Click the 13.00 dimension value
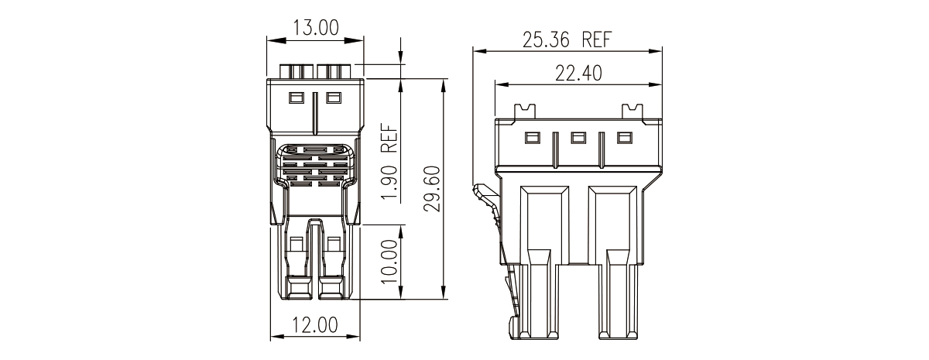pyautogui.click(x=316, y=28)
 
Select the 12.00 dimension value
pyautogui.click(x=315, y=325)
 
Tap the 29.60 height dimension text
pyautogui.click(x=432, y=189)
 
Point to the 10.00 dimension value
pyautogui.click(x=389, y=262)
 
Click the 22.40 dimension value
pyautogui.click(x=578, y=74)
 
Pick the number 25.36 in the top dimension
pyautogui.click(x=546, y=39)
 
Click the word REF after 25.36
pyautogui.click(x=597, y=39)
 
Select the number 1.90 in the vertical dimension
pyautogui.click(x=389, y=183)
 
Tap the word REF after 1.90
pyautogui.click(x=389, y=139)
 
